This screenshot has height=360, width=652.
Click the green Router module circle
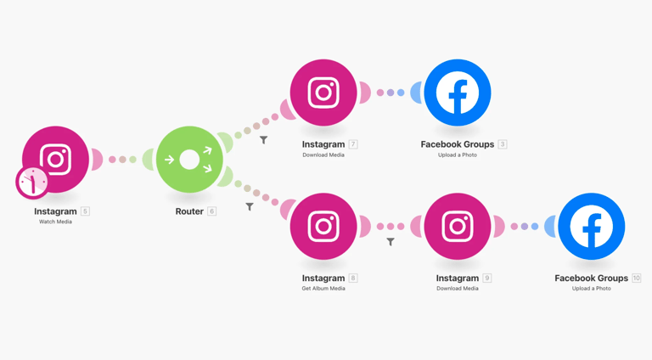tap(189, 160)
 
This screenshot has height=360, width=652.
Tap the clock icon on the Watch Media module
tap(32, 182)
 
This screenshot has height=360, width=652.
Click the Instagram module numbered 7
tap(323, 93)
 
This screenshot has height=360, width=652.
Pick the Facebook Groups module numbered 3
tap(457, 93)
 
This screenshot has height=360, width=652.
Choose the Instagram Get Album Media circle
tap(323, 227)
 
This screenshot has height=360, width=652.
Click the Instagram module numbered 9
tap(457, 227)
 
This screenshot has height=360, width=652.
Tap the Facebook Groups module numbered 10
tap(591, 227)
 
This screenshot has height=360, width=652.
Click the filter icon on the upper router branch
tap(264, 140)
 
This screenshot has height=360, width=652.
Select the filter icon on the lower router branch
tap(250, 206)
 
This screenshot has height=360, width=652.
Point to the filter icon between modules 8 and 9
tap(391, 242)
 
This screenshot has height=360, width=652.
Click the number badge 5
tap(85, 211)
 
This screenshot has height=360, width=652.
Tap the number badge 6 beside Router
tap(212, 211)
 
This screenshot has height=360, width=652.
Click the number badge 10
tap(637, 278)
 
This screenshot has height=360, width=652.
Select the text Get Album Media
tap(323, 289)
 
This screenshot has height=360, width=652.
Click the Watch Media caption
tap(55, 222)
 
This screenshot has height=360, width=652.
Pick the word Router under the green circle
tap(189, 211)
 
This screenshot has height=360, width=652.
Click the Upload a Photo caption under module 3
tap(457, 155)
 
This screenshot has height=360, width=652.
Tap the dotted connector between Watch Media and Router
tap(122, 160)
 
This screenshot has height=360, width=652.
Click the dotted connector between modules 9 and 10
tap(525, 227)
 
